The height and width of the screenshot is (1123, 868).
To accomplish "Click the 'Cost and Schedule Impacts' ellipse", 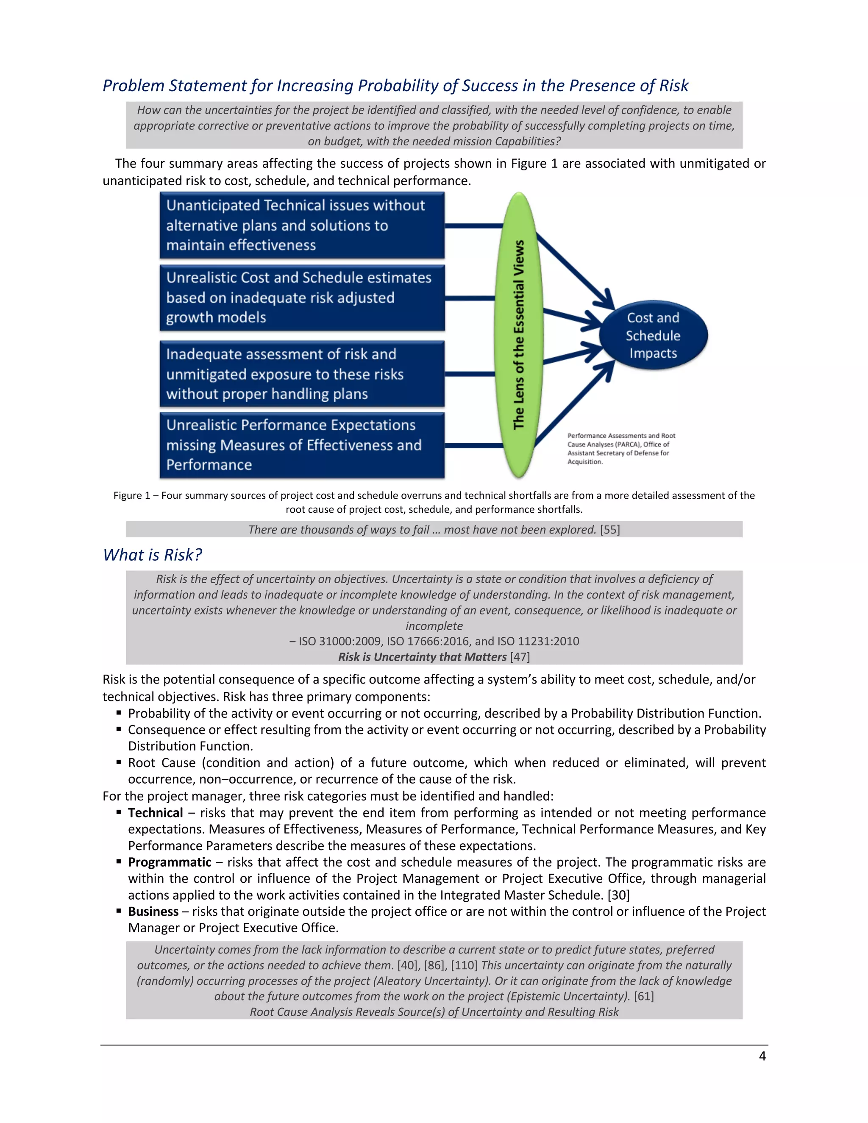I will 653,335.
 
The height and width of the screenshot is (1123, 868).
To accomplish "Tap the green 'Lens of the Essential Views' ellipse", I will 519,335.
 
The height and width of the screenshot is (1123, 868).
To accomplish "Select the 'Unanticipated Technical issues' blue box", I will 302,225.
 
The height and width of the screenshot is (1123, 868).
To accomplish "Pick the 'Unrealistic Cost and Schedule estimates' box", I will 302,298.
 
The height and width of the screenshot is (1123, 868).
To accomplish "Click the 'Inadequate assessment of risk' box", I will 302,374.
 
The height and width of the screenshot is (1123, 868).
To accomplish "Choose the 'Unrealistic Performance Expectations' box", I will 302,445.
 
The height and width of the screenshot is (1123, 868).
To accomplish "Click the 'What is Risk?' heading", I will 152,555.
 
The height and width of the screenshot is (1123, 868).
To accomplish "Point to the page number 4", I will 762,1056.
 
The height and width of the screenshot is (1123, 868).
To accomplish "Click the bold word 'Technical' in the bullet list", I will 155,813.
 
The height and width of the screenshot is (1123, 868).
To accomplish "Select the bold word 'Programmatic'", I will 170,862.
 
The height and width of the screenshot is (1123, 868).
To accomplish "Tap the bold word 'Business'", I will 153,912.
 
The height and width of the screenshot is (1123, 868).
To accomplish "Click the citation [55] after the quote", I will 610,530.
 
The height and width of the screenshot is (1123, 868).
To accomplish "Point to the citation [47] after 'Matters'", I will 520,657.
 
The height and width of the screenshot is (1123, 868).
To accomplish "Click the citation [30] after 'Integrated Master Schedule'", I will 619,895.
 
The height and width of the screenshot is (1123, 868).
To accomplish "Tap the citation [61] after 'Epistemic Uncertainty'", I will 644,997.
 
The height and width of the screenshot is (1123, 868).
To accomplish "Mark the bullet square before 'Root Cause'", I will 119,762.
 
